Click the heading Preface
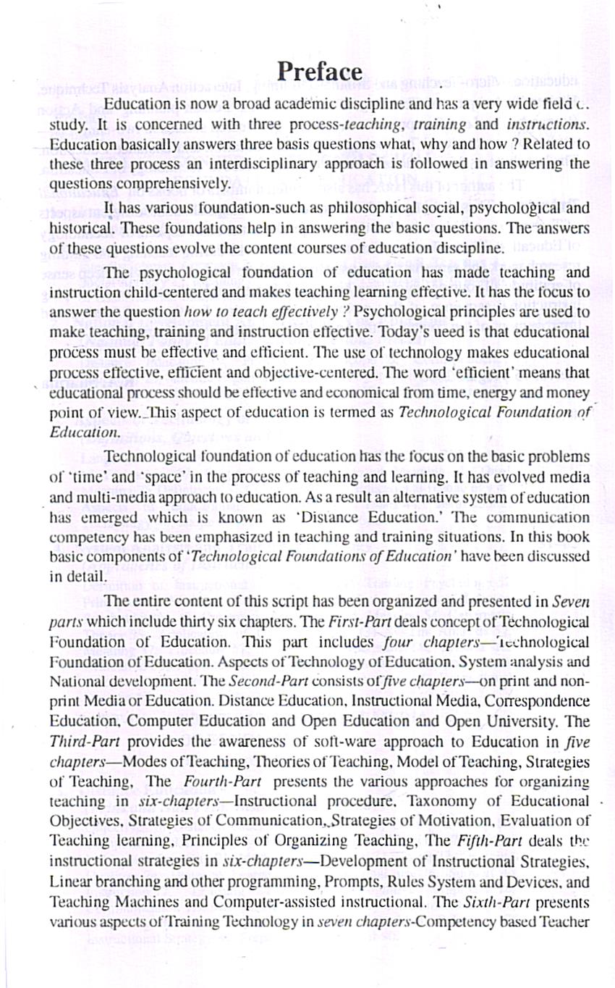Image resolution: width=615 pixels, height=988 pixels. coord(319,72)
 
